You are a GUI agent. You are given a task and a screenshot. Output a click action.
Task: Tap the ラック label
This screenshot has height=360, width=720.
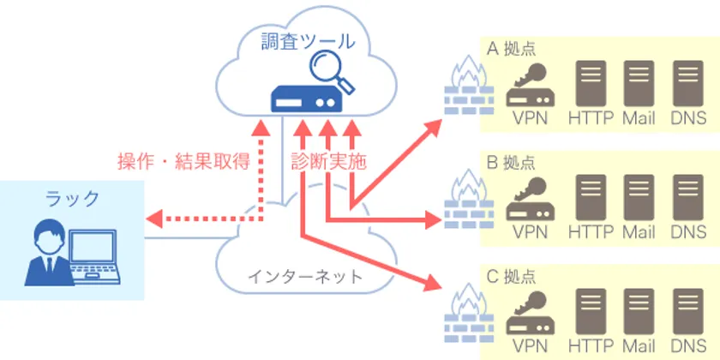(71, 200)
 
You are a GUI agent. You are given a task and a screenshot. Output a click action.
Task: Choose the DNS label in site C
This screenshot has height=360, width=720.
(688, 345)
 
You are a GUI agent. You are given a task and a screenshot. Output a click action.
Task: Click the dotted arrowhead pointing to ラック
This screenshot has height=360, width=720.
(153, 218)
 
